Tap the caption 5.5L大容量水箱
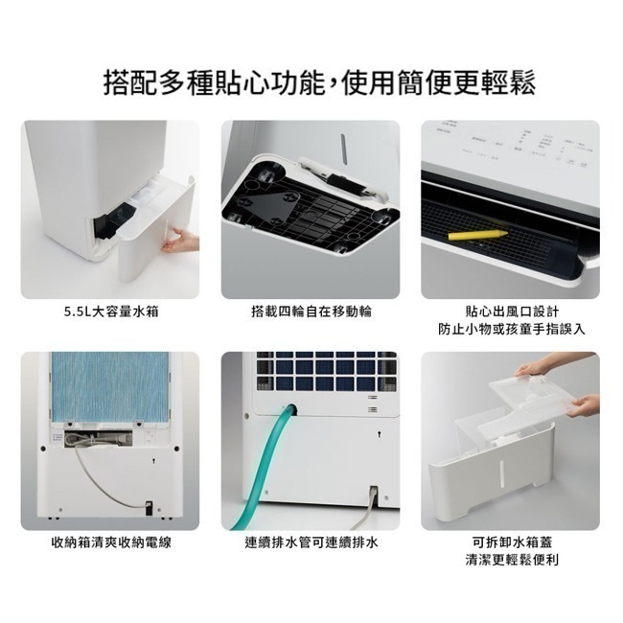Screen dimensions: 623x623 [111, 311]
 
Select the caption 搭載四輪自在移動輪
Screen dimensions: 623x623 [311, 311]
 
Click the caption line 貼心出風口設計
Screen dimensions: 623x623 [511, 311]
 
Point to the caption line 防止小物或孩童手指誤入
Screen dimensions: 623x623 [511, 329]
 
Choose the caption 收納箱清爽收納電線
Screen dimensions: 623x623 [111, 542]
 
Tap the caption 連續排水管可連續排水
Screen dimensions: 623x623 [311, 542]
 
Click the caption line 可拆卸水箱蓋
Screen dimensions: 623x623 [511, 542]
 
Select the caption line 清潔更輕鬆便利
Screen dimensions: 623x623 [511, 560]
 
